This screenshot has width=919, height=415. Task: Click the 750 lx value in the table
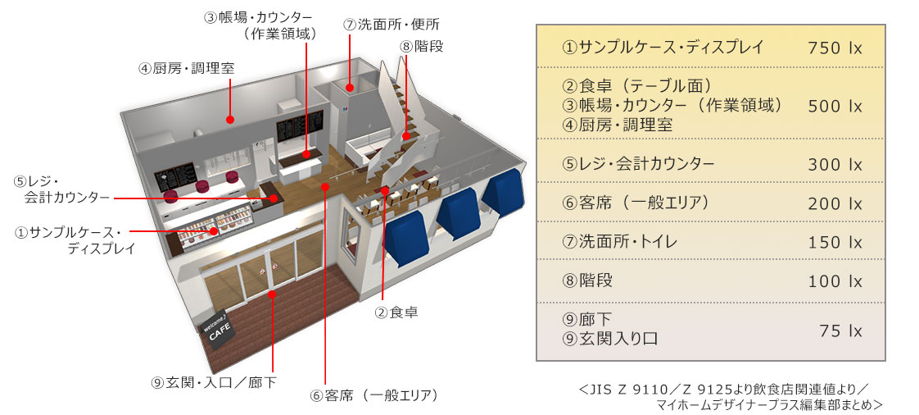tap(835, 48)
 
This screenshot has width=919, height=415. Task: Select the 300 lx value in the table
tap(835, 165)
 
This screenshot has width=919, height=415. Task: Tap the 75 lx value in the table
tap(840, 331)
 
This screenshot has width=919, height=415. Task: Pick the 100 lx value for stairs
tap(835, 281)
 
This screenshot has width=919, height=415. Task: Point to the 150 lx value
tap(835, 243)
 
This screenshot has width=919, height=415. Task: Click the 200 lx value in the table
tap(835, 203)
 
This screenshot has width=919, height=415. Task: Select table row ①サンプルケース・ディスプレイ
tap(662, 48)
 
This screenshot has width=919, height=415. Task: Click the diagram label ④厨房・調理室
tap(186, 68)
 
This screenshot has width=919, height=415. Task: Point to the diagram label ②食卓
tap(397, 312)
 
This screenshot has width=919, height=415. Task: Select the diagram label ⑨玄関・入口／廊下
tap(214, 382)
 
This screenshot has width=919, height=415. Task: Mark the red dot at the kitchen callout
tap(230, 120)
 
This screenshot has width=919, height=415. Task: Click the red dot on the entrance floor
tap(272, 293)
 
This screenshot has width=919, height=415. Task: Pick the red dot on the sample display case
tap(215, 231)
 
